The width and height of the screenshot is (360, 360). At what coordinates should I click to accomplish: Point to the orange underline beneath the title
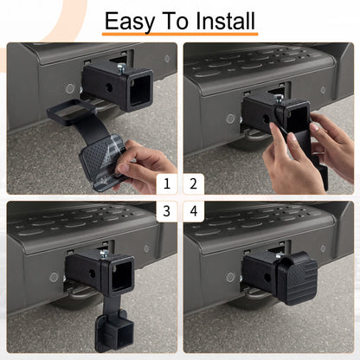tap(179, 35)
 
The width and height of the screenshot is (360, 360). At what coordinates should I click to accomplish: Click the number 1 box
tap(167, 183)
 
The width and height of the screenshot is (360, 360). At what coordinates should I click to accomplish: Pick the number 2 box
tap(193, 183)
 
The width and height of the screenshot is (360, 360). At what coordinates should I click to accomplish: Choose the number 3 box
tap(167, 211)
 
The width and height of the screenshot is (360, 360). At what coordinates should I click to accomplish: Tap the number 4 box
tap(193, 211)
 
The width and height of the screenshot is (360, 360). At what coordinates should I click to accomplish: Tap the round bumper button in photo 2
tap(230, 119)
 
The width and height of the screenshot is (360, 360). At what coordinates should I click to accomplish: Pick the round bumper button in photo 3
tap(55, 278)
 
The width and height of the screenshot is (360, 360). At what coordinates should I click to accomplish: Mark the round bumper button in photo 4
tap(230, 278)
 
